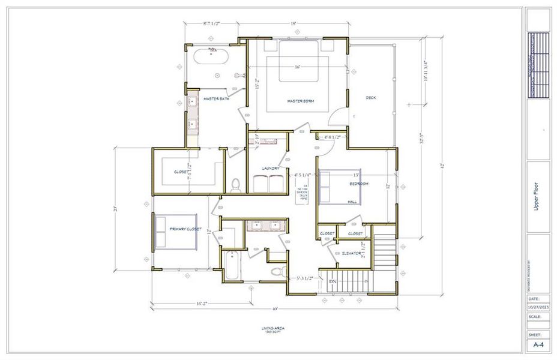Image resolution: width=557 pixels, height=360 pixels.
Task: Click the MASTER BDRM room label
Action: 300,101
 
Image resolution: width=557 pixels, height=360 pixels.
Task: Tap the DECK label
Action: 371,98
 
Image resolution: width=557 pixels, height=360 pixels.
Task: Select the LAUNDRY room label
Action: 271,168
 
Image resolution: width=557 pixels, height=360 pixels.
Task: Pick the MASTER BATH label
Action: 216,98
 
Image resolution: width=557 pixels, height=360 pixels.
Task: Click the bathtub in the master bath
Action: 210,57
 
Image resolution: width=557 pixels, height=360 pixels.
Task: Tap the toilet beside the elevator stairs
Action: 277,272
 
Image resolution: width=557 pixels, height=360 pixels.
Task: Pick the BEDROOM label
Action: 359,183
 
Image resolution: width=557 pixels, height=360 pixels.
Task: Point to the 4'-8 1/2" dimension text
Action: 333,137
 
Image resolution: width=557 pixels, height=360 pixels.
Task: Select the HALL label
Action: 352,202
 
